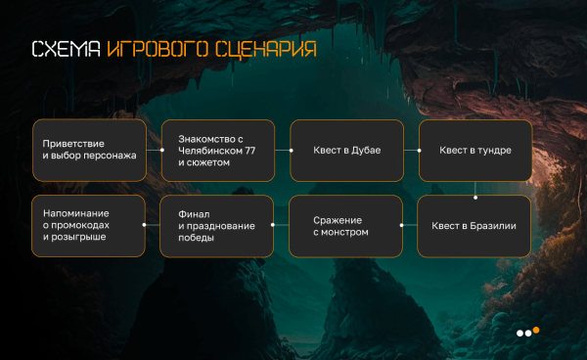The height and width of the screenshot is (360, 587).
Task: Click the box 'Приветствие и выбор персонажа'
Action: [x=89, y=151]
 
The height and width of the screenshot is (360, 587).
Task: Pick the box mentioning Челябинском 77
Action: [x=217, y=151]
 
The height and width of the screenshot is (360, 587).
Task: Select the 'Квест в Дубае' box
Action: [x=347, y=151]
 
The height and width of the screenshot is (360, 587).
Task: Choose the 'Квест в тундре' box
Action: [x=475, y=151]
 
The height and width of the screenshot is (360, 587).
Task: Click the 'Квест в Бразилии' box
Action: [x=475, y=226]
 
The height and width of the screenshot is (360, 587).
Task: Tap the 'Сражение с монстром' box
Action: [x=347, y=226]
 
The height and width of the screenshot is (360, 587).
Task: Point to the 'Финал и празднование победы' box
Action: [x=217, y=226]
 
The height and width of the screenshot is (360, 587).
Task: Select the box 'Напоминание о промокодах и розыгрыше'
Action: [x=89, y=226]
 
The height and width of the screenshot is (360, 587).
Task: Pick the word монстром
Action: [x=347, y=233]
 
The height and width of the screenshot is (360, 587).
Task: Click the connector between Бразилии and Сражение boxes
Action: [x=412, y=226]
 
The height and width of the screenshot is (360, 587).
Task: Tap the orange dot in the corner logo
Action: [x=536, y=330]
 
